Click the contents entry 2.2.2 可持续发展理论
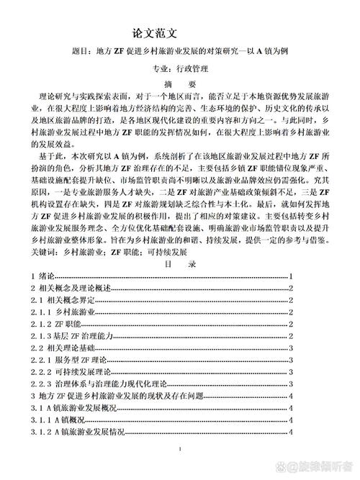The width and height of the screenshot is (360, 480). (71, 371)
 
